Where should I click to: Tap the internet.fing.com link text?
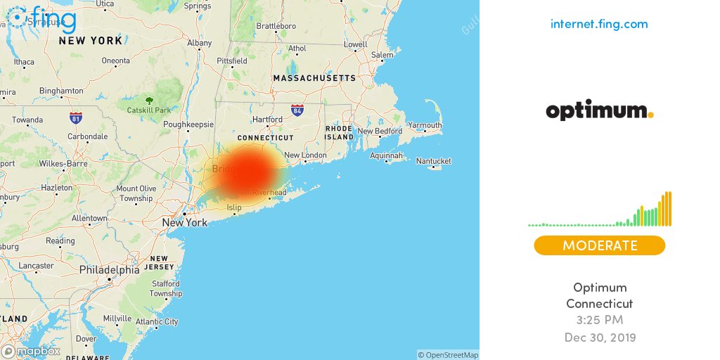point(599,24)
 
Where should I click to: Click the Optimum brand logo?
point(599,111)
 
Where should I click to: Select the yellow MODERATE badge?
point(599,245)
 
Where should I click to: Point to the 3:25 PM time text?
point(599,321)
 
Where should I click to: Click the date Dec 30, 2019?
point(599,337)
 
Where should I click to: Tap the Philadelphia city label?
point(109,270)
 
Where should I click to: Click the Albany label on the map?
point(199,43)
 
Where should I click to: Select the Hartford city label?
point(267,120)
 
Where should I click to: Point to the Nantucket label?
point(433,161)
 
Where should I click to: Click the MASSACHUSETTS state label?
point(314,78)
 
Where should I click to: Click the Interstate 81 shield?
point(75,117)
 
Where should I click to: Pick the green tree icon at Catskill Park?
point(148,100)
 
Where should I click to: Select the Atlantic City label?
point(157,322)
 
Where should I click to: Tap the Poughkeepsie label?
point(188,124)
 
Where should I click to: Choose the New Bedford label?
point(380,131)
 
